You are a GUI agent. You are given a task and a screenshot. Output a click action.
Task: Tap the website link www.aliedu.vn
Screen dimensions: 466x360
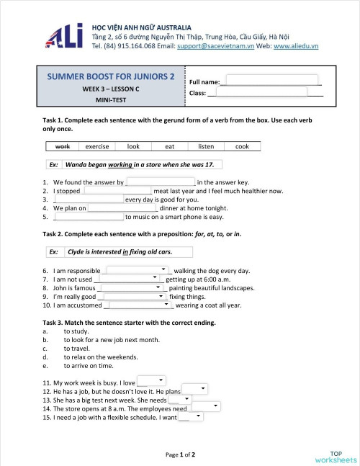[295, 45]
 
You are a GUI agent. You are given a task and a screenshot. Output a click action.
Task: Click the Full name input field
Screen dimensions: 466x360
[271, 80]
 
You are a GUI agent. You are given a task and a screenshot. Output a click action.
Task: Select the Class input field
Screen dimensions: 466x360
[256, 92]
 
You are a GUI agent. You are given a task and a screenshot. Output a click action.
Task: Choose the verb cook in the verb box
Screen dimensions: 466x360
[242, 146]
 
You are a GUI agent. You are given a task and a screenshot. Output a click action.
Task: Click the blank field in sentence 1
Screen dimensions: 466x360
[161, 182]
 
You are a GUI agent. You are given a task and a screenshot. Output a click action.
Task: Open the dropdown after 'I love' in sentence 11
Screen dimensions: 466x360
[151, 381]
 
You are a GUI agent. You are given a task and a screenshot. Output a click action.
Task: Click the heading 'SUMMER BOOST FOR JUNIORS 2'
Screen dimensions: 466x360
[110, 76]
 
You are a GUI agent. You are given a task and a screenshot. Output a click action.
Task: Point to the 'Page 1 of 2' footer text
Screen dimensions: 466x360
[180, 454]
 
